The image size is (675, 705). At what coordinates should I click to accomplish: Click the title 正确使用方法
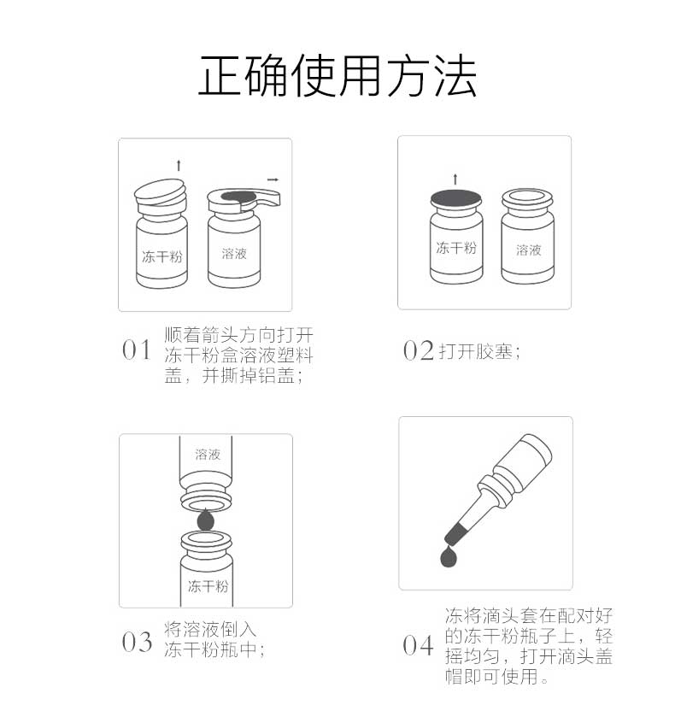(x=337, y=76)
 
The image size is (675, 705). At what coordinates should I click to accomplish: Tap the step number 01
(x=137, y=350)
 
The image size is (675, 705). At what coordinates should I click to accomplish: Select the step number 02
(x=418, y=350)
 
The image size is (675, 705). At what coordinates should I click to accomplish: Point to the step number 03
(x=137, y=642)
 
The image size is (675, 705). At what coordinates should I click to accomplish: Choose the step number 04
(x=418, y=645)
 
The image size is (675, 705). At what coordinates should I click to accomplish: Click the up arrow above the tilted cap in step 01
(x=179, y=166)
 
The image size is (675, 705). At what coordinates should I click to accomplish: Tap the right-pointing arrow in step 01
(x=273, y=179)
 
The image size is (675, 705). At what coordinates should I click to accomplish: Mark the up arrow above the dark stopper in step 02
(x=455, y=179)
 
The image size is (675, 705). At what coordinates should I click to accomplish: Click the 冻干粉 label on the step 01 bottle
(x=162, y=256)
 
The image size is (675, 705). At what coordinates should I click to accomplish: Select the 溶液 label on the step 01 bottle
(x=234, y=254)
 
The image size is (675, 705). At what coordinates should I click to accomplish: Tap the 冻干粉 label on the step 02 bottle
(x=456, y=248)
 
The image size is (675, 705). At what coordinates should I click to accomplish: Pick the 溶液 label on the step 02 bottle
(x=528, y=250)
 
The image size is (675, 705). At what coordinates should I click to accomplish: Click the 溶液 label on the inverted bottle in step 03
(x=208, y=455)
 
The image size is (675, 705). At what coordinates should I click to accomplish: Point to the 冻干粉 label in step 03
(x=208, y=586)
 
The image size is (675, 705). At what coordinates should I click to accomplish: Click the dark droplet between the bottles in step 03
(x=206, y=520)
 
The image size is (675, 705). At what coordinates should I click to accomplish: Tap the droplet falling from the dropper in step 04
(x=449, y=556)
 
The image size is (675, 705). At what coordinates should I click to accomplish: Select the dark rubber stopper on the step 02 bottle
(x=455, y=199)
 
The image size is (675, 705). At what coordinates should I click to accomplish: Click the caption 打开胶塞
(x=479, y=351)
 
